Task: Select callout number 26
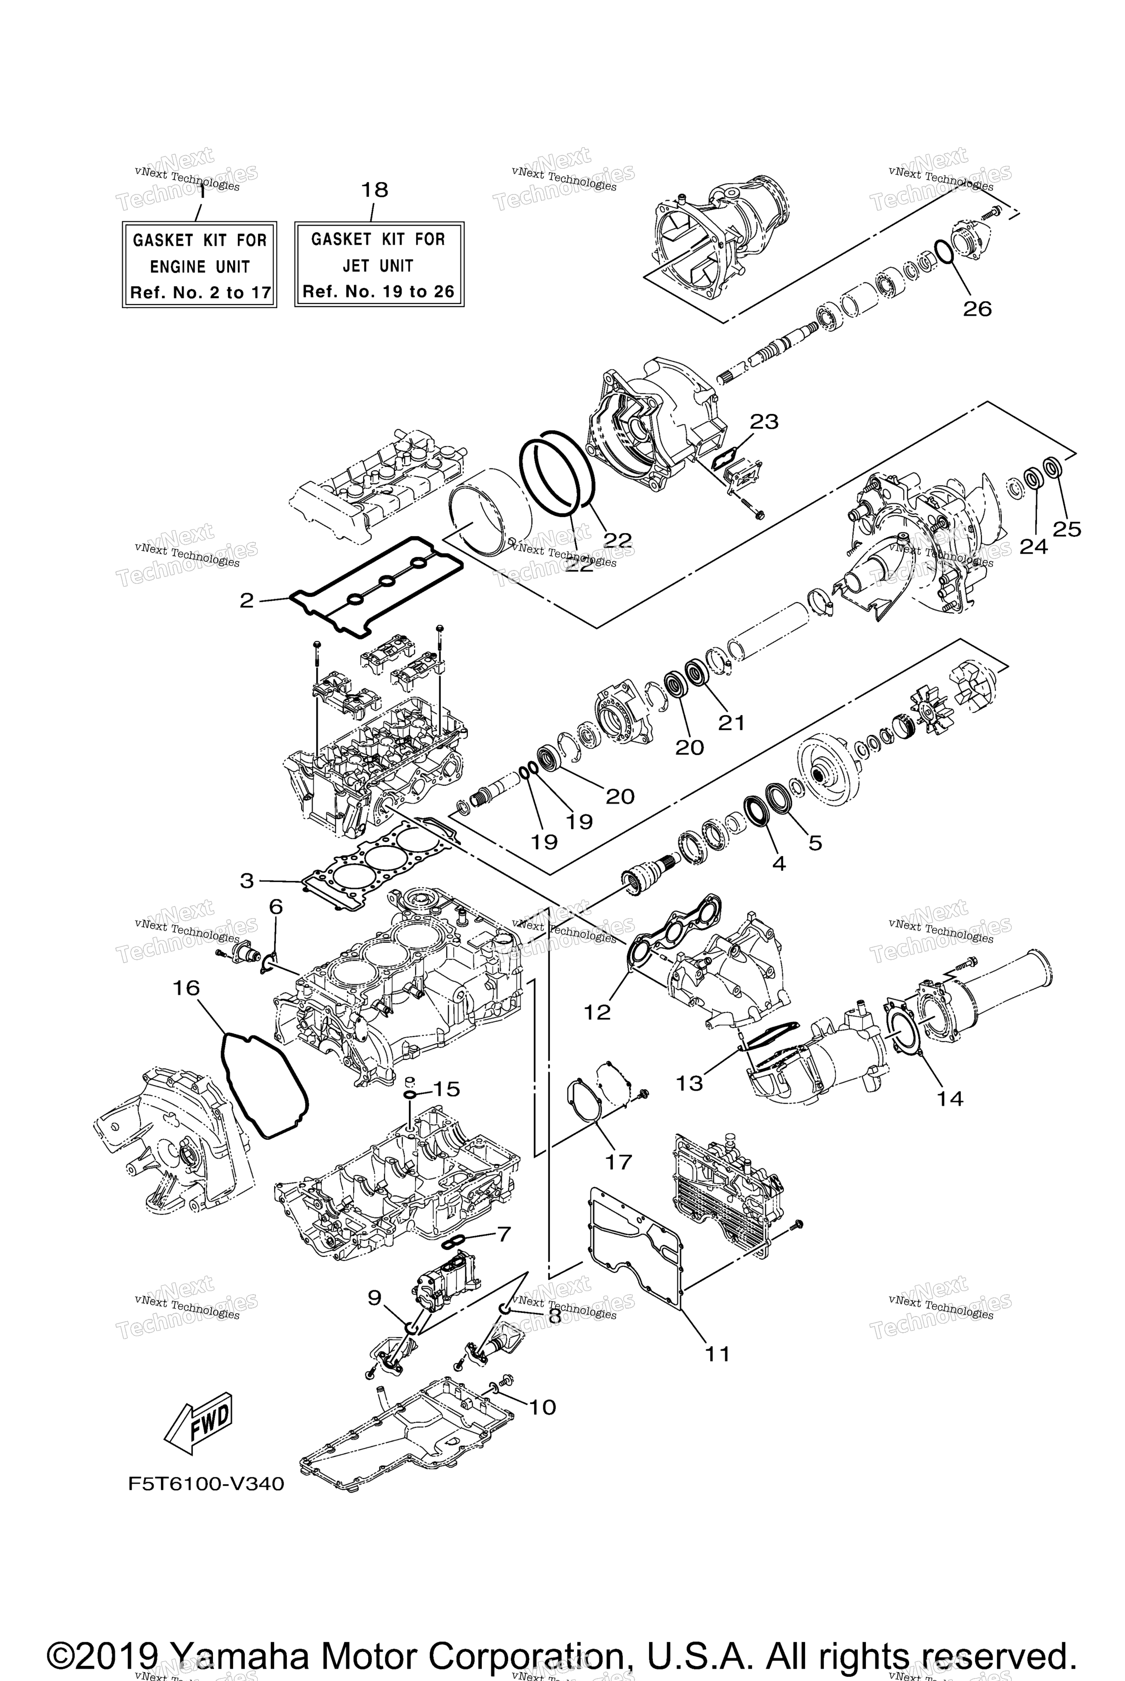tap(976, 309)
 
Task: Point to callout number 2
tap(247, 600)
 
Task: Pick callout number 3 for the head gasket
tap(247, 880)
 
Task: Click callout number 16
tap(186, 988)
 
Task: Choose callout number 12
tap(597, 1012)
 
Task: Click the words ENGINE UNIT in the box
tap(200, 267)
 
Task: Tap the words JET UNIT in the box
tap(378, 266)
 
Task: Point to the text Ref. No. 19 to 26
tap(378, 292)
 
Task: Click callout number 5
tap(815, 843)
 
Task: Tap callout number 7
tap(504, 1234)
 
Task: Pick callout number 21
tap(732, 723)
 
